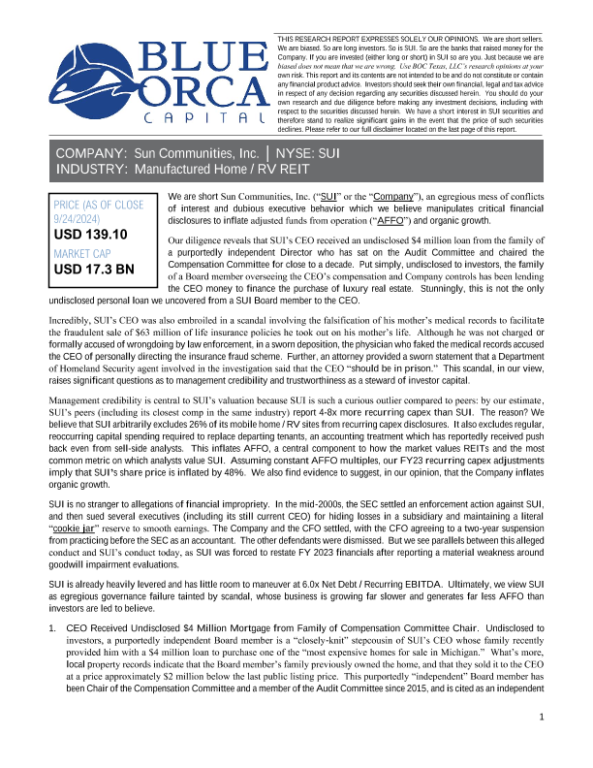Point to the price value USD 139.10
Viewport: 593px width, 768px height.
tap(92, 235)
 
